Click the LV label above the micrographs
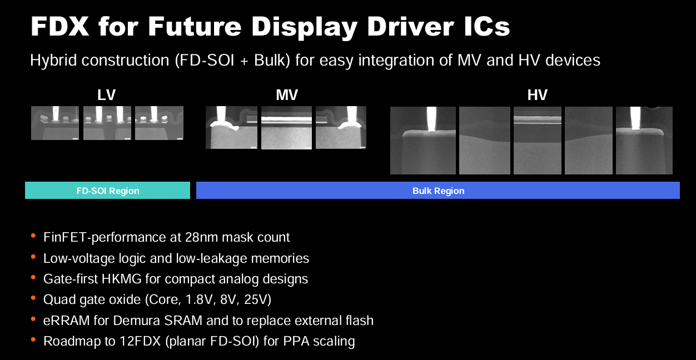[x=106, y=95]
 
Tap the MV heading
[x=287, y=95]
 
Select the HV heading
[x=537, y=95]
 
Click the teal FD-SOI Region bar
[x=107, y=190]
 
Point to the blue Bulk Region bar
[x=438, y=190]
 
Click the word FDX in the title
[x=60, y=27]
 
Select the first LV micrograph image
[x=55, y=123]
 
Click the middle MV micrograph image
[x=286, y=128]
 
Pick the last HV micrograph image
[x=644, y=141]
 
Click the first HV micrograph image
[x=423, y=141]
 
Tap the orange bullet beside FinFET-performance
[x=33, y=236]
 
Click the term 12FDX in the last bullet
[x=140, y=341]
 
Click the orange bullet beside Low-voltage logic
[x=33, y=257]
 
